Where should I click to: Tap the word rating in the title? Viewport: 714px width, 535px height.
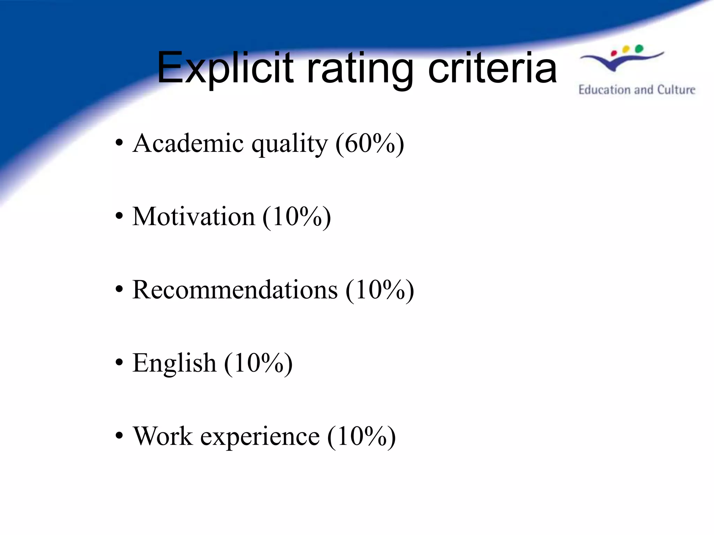[359, 70]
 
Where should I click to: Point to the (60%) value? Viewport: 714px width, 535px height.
[370, 144]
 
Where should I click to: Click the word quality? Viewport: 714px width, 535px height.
[290, 145]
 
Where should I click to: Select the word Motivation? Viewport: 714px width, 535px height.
[194, 217]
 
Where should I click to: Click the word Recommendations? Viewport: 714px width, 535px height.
[235, 290]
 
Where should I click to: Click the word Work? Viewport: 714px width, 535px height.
[163, 436]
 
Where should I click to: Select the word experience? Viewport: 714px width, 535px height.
[260, 437]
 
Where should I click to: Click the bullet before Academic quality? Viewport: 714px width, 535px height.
[119, 143]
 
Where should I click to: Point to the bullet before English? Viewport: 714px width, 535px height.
[119, 363]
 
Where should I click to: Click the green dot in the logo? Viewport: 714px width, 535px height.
[639, 48]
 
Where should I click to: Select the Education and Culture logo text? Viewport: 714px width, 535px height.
[637, 90]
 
